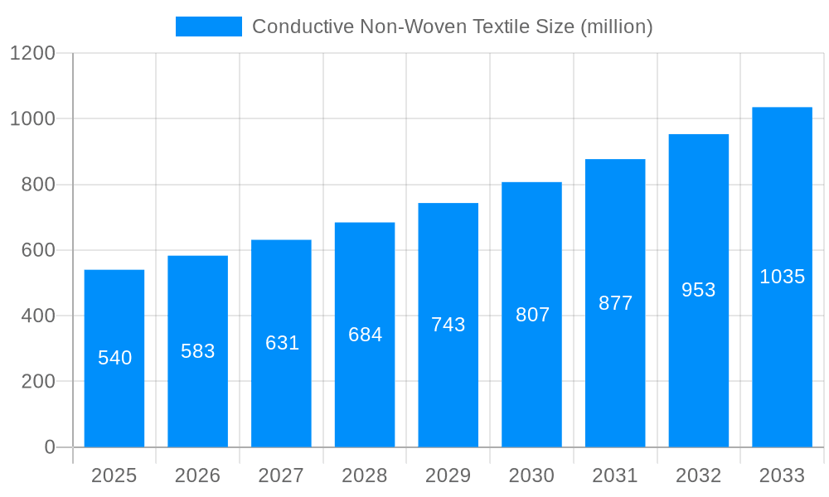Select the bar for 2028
tap(365, 389)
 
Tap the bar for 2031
tap(615, 373)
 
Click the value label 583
tap(198, 351)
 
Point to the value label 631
tap(282, 343)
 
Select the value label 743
tap(448, 325)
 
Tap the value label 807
tap(532, 315)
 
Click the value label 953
tap(699, 290)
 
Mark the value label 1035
tap(782, 277)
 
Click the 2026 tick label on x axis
tap(198, 475)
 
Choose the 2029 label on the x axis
tap(448, 475)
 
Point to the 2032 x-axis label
tap(699, 475)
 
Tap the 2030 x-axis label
tap(532, 475)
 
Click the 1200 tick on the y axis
tap(32, 53)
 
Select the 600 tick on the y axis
tap(38, 250)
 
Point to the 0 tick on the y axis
tap(50, 447)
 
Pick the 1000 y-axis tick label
tap(32, 118)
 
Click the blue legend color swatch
tap(209, 27)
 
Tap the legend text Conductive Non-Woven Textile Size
tap(452, 27)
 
